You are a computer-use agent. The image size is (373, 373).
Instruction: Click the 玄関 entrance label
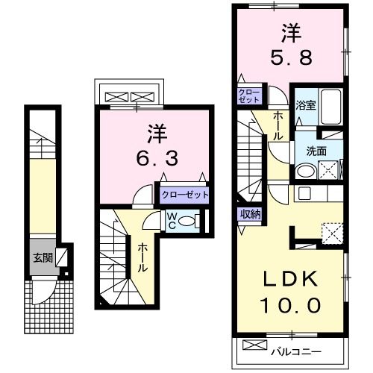[x=42, y=258]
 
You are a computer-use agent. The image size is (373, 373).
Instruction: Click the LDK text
[x=289, y=280]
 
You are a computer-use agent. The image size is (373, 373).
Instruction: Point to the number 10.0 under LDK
[x=290, y=304]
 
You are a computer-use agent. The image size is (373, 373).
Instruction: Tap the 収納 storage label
[x=250, y=214]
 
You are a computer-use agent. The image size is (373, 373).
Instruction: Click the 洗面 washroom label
[x=316, y=149]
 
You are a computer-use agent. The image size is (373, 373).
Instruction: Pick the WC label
[x=172, y=220]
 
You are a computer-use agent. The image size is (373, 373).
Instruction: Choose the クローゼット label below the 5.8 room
[x=248, y=95]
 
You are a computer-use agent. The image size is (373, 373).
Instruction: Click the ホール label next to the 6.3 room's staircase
[x=142, y=257]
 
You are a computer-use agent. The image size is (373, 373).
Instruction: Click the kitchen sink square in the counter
[x=304, y=194]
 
